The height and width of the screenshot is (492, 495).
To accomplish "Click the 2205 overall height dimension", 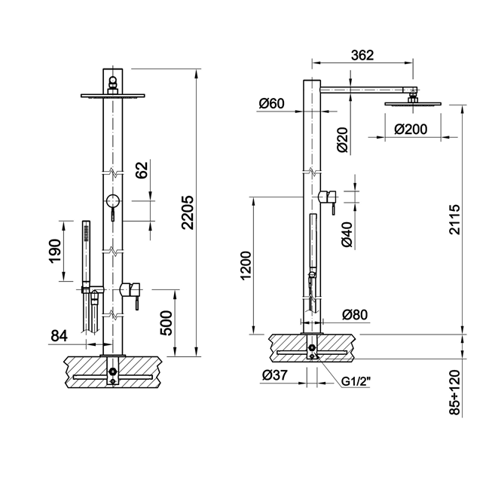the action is click(188, 212).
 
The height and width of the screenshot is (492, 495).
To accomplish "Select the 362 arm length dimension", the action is click(362, 55).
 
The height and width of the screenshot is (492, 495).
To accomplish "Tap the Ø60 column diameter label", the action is click(271, 103).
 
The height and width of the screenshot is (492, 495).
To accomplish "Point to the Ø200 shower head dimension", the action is click(411, 129).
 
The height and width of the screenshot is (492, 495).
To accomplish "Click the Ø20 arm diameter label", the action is click(343, 140).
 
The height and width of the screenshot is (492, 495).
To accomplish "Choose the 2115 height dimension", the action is click(454, 219).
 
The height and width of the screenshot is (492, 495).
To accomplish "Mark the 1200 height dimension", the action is click(246, 265).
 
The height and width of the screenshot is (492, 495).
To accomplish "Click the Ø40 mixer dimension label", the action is click(347, 234).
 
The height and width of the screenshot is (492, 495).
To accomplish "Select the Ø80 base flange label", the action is click(355, 314).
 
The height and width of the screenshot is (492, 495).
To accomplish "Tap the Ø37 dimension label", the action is click(275, 375).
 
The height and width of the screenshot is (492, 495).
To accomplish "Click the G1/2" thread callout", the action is click(356, 382).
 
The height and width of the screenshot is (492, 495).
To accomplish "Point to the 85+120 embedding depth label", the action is click(454, 393).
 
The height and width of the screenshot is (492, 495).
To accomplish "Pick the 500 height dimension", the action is click(167, 323).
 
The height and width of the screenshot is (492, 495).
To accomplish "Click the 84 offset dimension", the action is click(59, 336).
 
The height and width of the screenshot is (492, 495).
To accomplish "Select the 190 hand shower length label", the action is click(54, 251).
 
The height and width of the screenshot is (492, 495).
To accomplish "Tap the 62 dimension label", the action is click(142, 170).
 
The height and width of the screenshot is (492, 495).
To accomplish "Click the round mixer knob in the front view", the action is click(112, 201).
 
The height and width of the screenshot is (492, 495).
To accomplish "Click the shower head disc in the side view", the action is click(413, 103).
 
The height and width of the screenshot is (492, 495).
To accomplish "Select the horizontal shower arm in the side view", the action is click(368, 90).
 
